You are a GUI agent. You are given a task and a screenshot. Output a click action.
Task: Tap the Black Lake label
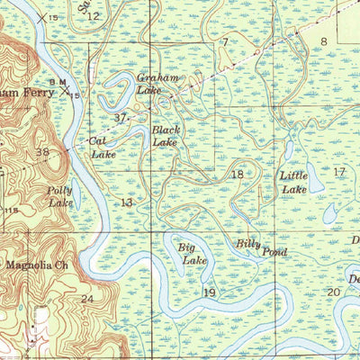166,136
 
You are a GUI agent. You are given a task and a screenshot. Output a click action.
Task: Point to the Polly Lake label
61,197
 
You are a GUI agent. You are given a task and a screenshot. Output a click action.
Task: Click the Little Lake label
293,183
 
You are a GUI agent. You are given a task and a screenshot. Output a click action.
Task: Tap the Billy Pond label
261,247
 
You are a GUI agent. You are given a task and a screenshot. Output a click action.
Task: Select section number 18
238,175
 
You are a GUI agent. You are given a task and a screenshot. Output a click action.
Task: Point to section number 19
210,292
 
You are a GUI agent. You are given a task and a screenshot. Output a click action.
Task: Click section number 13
127,202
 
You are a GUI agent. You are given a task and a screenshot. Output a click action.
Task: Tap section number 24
87,299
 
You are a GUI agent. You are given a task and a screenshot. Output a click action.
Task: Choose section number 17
338,171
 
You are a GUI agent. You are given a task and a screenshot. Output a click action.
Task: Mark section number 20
333,292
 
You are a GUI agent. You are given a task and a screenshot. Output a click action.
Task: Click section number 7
224,42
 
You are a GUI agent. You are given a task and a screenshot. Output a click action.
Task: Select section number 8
323,41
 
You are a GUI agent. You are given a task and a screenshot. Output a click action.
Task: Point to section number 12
94,16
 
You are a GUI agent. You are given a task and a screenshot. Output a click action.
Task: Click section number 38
42,152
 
